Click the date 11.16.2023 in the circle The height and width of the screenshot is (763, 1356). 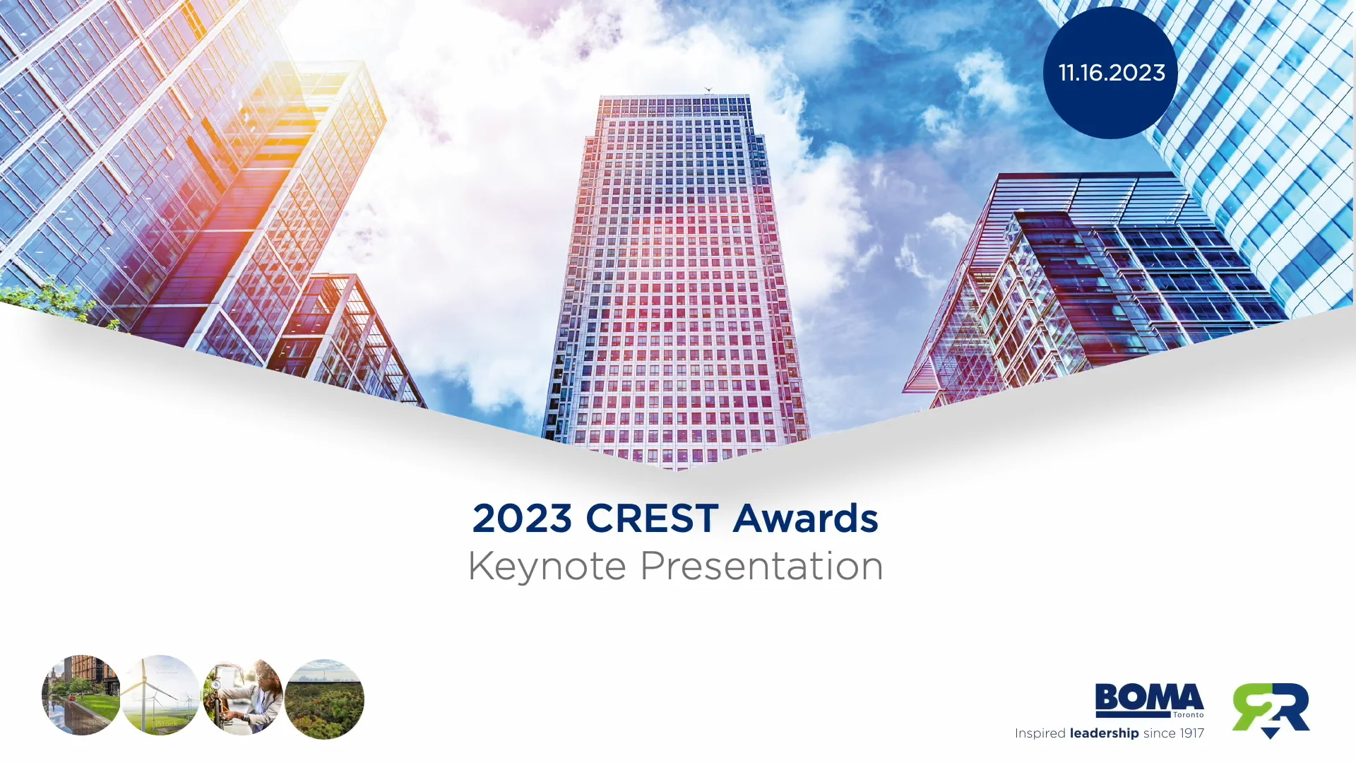1112,73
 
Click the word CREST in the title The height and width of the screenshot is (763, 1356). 652,519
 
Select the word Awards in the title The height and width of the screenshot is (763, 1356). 806,519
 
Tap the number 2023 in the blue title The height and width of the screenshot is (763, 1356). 522,519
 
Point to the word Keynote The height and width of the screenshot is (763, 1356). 547,567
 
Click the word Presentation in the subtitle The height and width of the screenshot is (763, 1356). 761,567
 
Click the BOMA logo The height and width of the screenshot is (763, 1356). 1149,699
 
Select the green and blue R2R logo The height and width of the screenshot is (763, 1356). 1271,709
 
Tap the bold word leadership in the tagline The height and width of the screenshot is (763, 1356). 1104,733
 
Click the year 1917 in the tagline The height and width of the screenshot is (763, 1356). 1191,733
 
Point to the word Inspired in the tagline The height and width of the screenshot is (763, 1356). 1040,733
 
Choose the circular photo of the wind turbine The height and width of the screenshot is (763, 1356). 161,696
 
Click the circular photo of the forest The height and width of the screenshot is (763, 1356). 324,699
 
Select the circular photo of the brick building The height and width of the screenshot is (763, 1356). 81,696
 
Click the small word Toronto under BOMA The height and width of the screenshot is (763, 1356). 1189,715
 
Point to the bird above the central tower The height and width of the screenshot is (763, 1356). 708,90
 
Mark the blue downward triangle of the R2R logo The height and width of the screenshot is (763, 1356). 1270,733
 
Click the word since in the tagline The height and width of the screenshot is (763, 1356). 1159,733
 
